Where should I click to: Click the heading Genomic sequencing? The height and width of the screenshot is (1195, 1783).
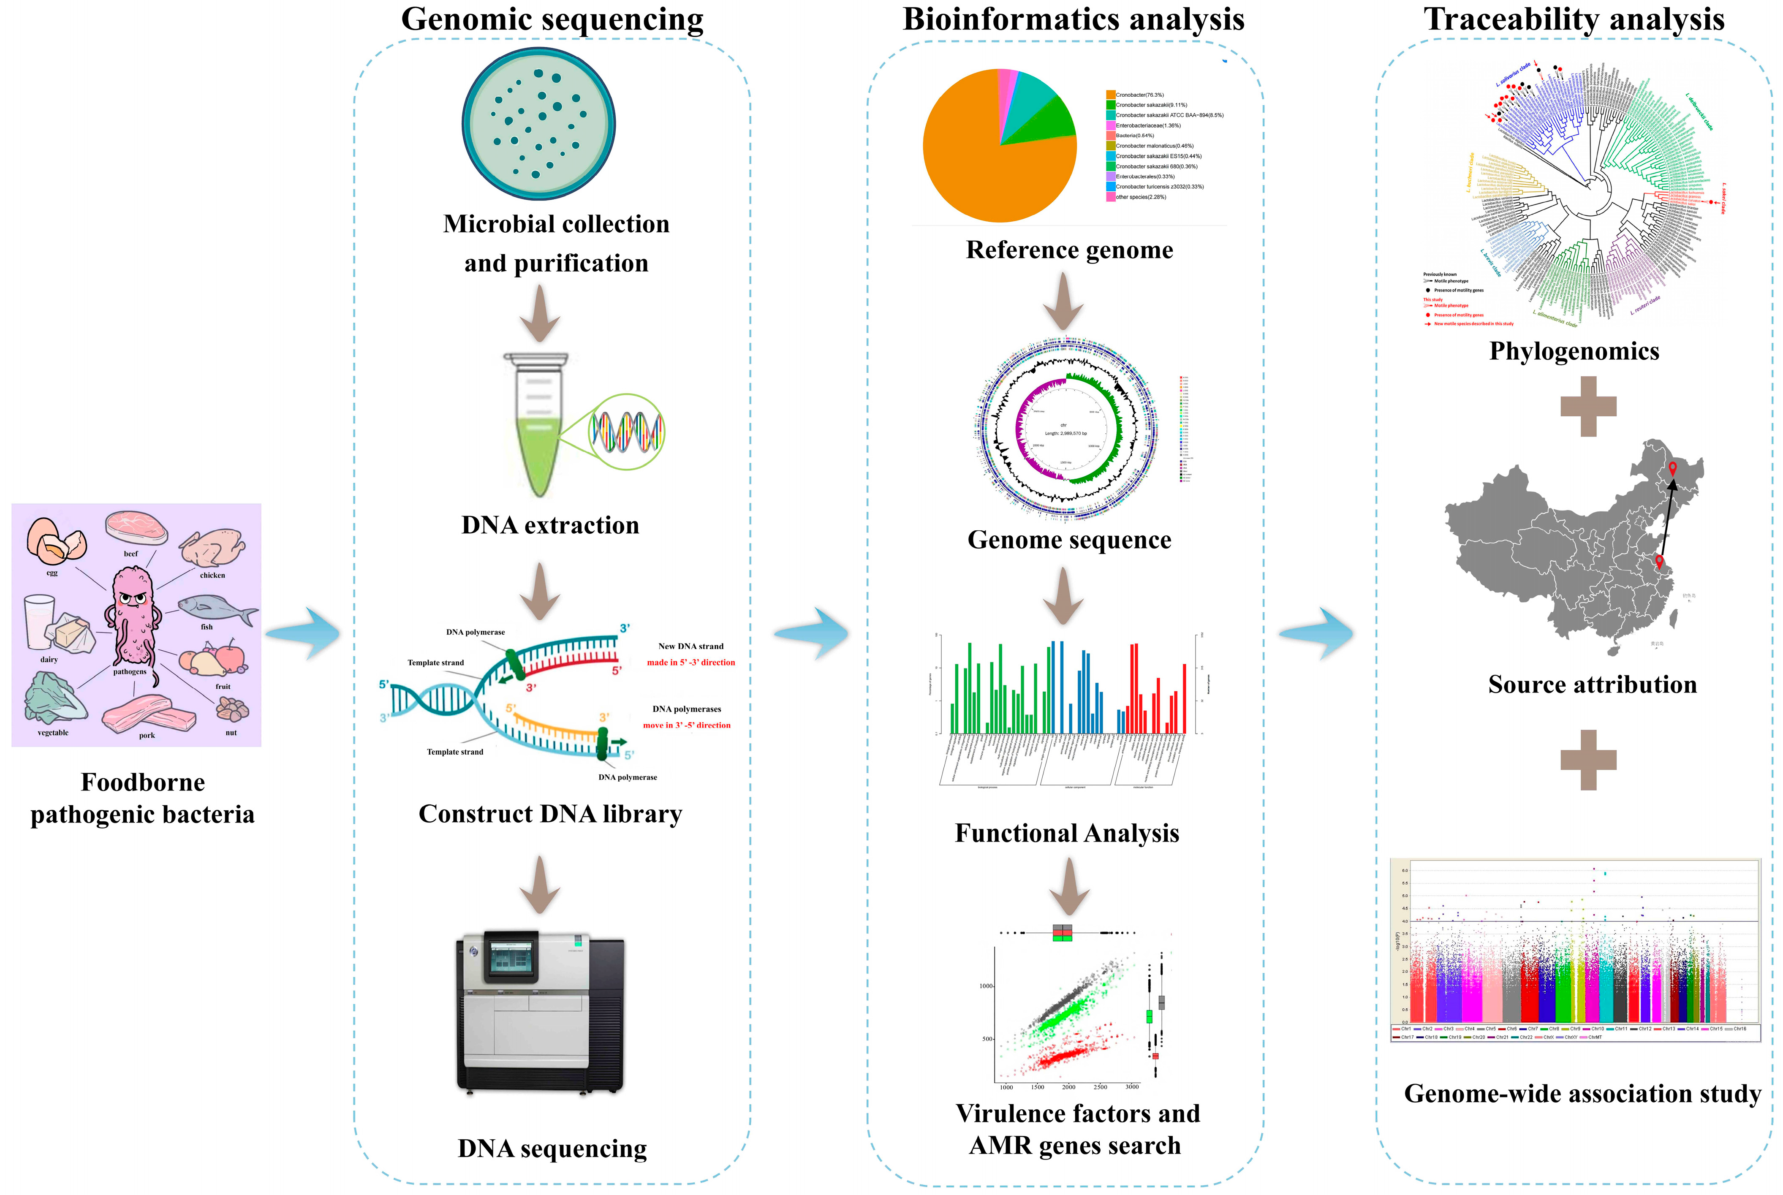(x=552, y=19)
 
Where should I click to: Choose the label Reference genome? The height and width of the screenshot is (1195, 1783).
(x=1069, y=250)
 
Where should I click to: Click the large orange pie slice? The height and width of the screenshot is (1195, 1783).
(x=983, y=152)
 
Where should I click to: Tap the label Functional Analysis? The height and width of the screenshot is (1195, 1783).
(x=1067, y=833)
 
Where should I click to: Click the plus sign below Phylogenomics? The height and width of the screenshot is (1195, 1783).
(x=1589, y=406)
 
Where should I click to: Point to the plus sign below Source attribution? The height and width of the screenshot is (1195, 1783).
(x=1589, y=760)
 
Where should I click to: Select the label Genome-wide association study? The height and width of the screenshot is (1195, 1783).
(x=1582, y=1094)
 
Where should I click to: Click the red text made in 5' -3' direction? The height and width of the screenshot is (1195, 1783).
(x=691, y=662)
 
